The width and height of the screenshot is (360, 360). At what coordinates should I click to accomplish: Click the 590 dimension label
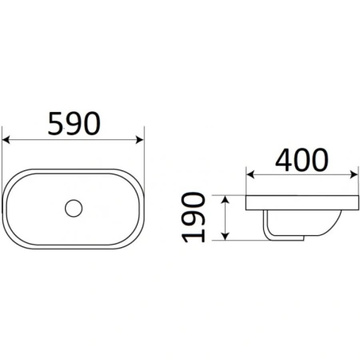point(74,123)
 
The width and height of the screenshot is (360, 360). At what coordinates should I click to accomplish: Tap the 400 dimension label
point(302,160)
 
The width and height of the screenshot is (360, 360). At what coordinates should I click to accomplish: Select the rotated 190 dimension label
point(194,217)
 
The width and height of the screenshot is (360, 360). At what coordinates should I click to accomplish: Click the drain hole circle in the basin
point(74,208)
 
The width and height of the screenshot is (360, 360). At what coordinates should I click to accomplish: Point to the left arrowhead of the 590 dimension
point(6,139)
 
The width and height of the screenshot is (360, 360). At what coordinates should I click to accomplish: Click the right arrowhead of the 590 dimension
point(140,139)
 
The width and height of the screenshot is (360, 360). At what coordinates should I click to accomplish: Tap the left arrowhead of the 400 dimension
point(250,174)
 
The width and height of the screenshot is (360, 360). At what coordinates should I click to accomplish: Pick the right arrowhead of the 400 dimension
point(354,174)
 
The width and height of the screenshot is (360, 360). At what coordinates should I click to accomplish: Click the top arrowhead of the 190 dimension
point(226,199)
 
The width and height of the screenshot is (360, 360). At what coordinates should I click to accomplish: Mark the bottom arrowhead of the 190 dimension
point(226,236)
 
